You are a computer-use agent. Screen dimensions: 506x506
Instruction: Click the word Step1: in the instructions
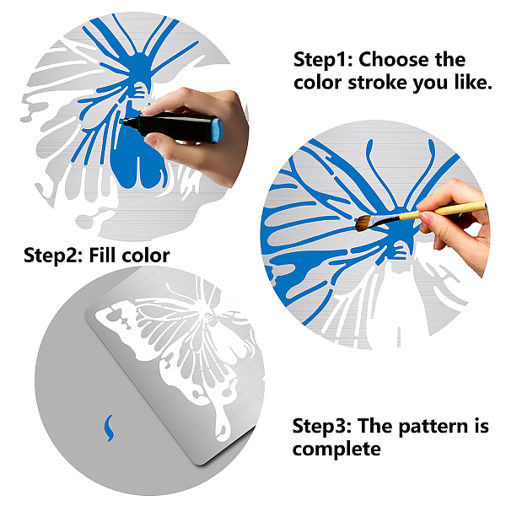323,60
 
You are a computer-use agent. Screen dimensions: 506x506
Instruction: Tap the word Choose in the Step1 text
394,60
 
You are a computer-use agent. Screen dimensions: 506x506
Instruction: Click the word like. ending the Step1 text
473,82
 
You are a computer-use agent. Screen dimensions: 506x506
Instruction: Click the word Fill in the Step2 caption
102,255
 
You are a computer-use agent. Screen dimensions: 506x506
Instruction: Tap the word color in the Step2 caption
146,256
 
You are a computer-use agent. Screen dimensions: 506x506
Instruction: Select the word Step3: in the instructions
322,426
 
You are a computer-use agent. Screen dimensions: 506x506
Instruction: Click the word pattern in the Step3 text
433,428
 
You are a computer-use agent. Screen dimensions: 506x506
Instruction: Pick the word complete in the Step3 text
336,449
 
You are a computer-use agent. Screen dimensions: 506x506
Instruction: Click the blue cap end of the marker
218,130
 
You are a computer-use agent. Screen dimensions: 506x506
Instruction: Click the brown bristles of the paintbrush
363,223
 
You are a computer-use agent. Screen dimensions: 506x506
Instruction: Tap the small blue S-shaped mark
110,428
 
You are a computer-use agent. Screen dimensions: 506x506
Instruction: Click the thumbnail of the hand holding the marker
151,140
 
